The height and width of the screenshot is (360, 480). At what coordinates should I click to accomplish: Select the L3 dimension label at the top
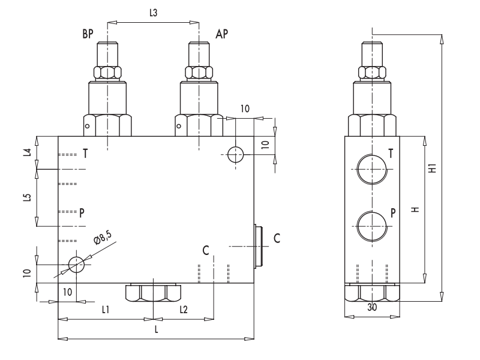(153, 13)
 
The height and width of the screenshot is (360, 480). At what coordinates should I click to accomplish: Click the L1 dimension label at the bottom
(106, 309)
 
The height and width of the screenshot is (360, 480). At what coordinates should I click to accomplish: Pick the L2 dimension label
(184, 309)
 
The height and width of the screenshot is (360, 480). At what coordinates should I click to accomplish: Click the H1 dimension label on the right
(432, 169)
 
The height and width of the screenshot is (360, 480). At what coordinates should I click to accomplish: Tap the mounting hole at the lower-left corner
(76, 263)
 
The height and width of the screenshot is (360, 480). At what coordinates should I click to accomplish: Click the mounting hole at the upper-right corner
(235, 154)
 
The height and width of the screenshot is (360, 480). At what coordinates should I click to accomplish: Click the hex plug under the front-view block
(154, 293)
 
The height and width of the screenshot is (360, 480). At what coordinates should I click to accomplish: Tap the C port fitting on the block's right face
(259, 246)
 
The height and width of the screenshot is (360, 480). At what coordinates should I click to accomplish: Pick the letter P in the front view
(82, 212)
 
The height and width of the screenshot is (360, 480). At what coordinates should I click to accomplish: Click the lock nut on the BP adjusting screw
(107, 73)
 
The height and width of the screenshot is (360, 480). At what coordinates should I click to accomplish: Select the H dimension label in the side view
(414, 210)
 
